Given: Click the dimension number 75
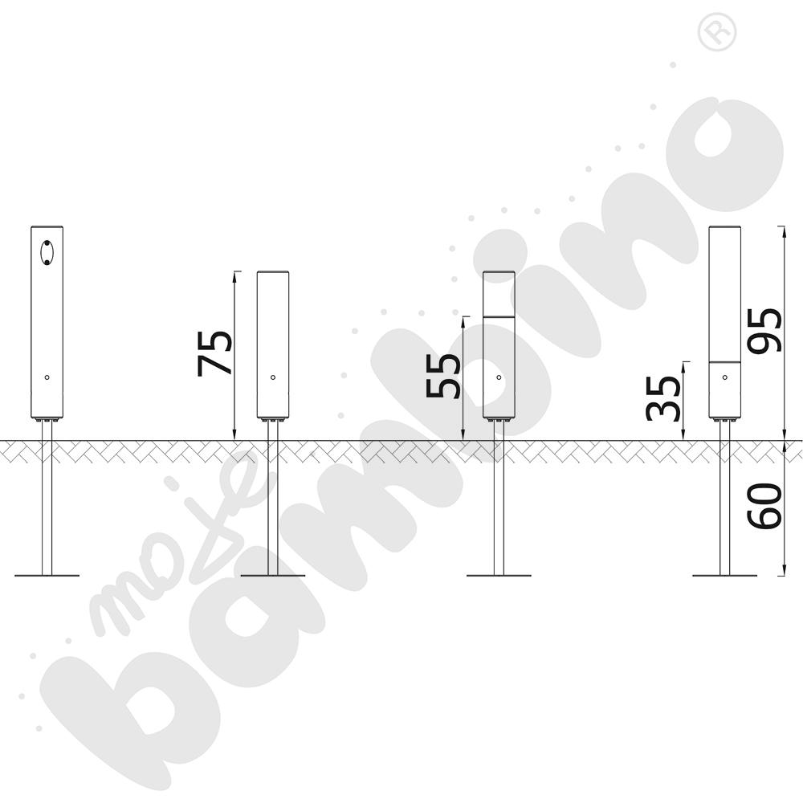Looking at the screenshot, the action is pyautogui.click(x=214, y=353).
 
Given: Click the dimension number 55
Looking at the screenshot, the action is pyautogui.click(x=443, y=376).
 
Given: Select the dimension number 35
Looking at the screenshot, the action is pyautogui.click(x=663, y=398).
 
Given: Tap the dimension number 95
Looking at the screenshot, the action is pyautogui.click(x=764, y=330).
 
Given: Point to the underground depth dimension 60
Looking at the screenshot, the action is pyautogui.click(x=764, y=506).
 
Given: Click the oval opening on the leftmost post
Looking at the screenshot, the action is pyautogui.click(x=47, y=252).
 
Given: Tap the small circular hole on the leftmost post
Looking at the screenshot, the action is pyautogui.click(x=47, y=377).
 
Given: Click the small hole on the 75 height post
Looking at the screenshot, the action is pyautogui.click(x=273, y=377).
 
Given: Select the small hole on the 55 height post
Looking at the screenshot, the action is pyautogui.click(x=499, y=377).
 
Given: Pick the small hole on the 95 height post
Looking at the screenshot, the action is pyautogui.click(x=724, y=377).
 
